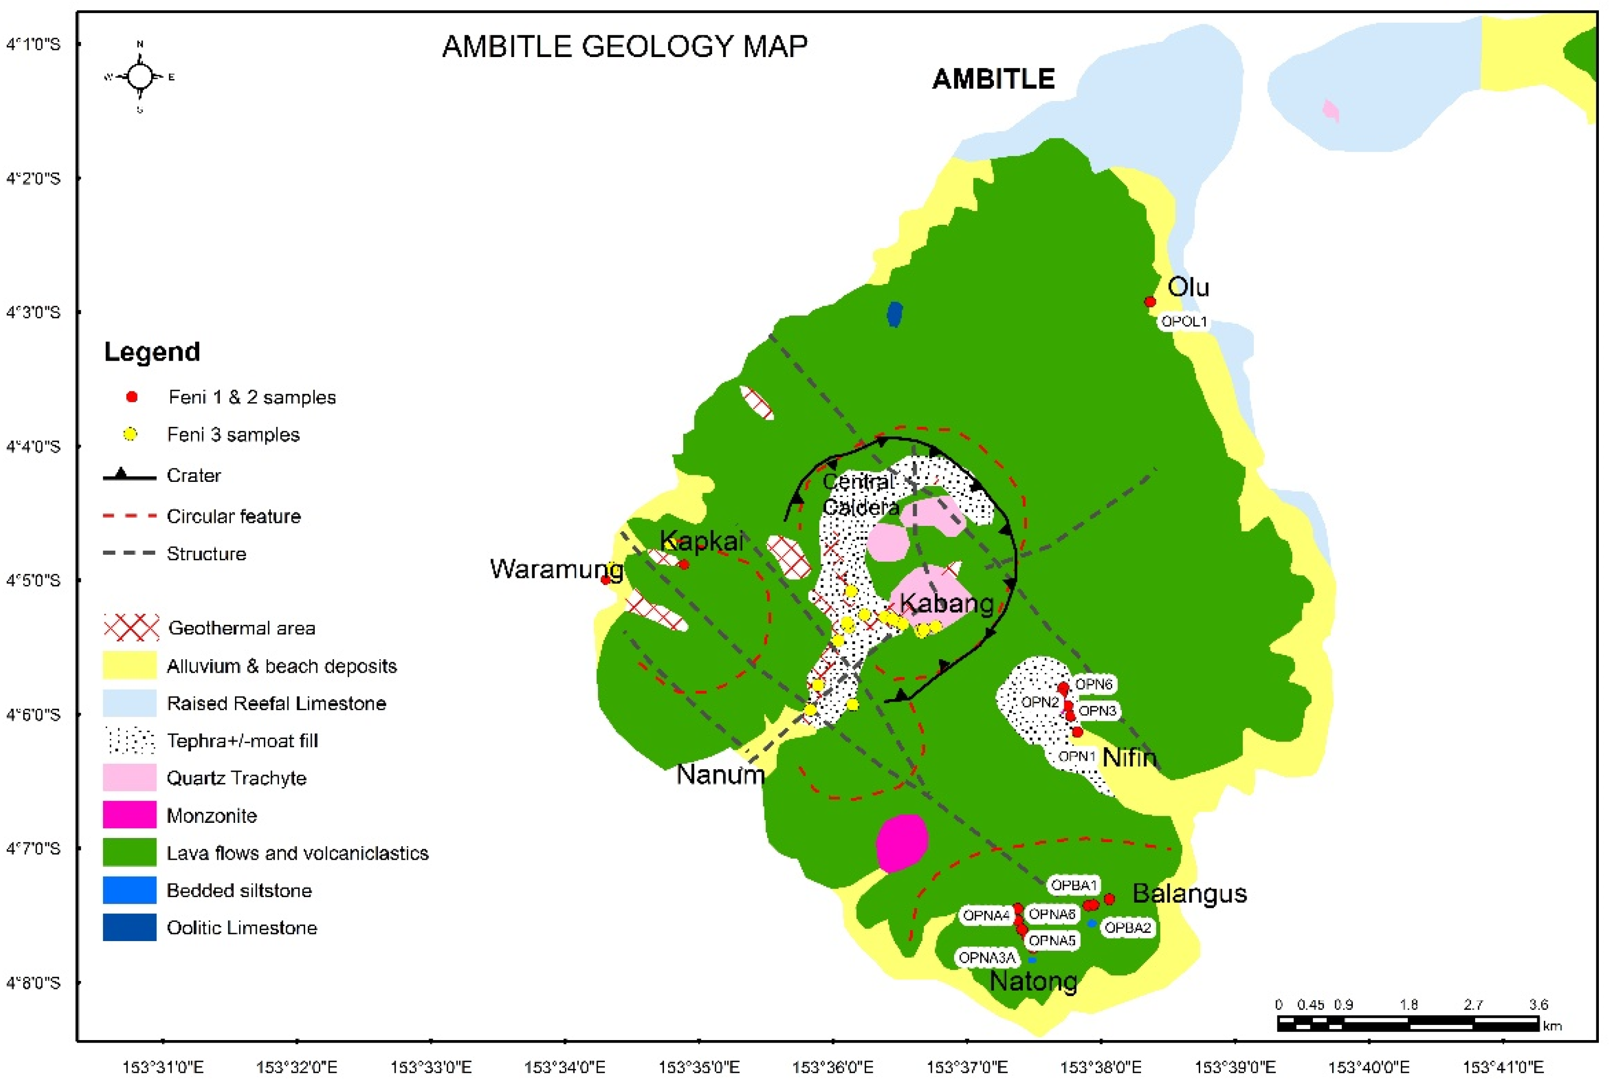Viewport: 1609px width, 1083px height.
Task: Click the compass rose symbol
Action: (x=140, y=77)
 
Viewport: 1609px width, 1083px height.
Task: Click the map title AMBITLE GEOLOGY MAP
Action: (x=625, y=47)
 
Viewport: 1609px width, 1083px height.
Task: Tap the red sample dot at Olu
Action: (x=1150, y=302)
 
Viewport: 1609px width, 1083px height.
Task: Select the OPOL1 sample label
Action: (x=1184, y=322)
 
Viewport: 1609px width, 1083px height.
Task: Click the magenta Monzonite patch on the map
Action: (x=901, y=843)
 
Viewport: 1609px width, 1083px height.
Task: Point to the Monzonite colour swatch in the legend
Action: (x=129, y=816)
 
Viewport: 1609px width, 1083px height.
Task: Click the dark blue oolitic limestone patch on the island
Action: (x=894, y=314)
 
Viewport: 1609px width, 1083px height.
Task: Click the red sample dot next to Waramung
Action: (x=606, y=580)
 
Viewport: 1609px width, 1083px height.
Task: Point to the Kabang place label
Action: (x=947, y=604)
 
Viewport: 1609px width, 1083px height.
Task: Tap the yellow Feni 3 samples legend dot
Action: (x=130, y=434)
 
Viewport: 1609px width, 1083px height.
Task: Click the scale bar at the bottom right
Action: (x=1407, y=1023)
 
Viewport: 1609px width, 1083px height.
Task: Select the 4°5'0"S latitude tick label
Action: (x=33, y=580)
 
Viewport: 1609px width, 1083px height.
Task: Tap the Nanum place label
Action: (x=720, y=775)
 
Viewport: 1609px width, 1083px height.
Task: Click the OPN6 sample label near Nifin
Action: (x=1094, y=684)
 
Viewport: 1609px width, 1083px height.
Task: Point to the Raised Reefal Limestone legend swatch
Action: (x=129, y=703)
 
